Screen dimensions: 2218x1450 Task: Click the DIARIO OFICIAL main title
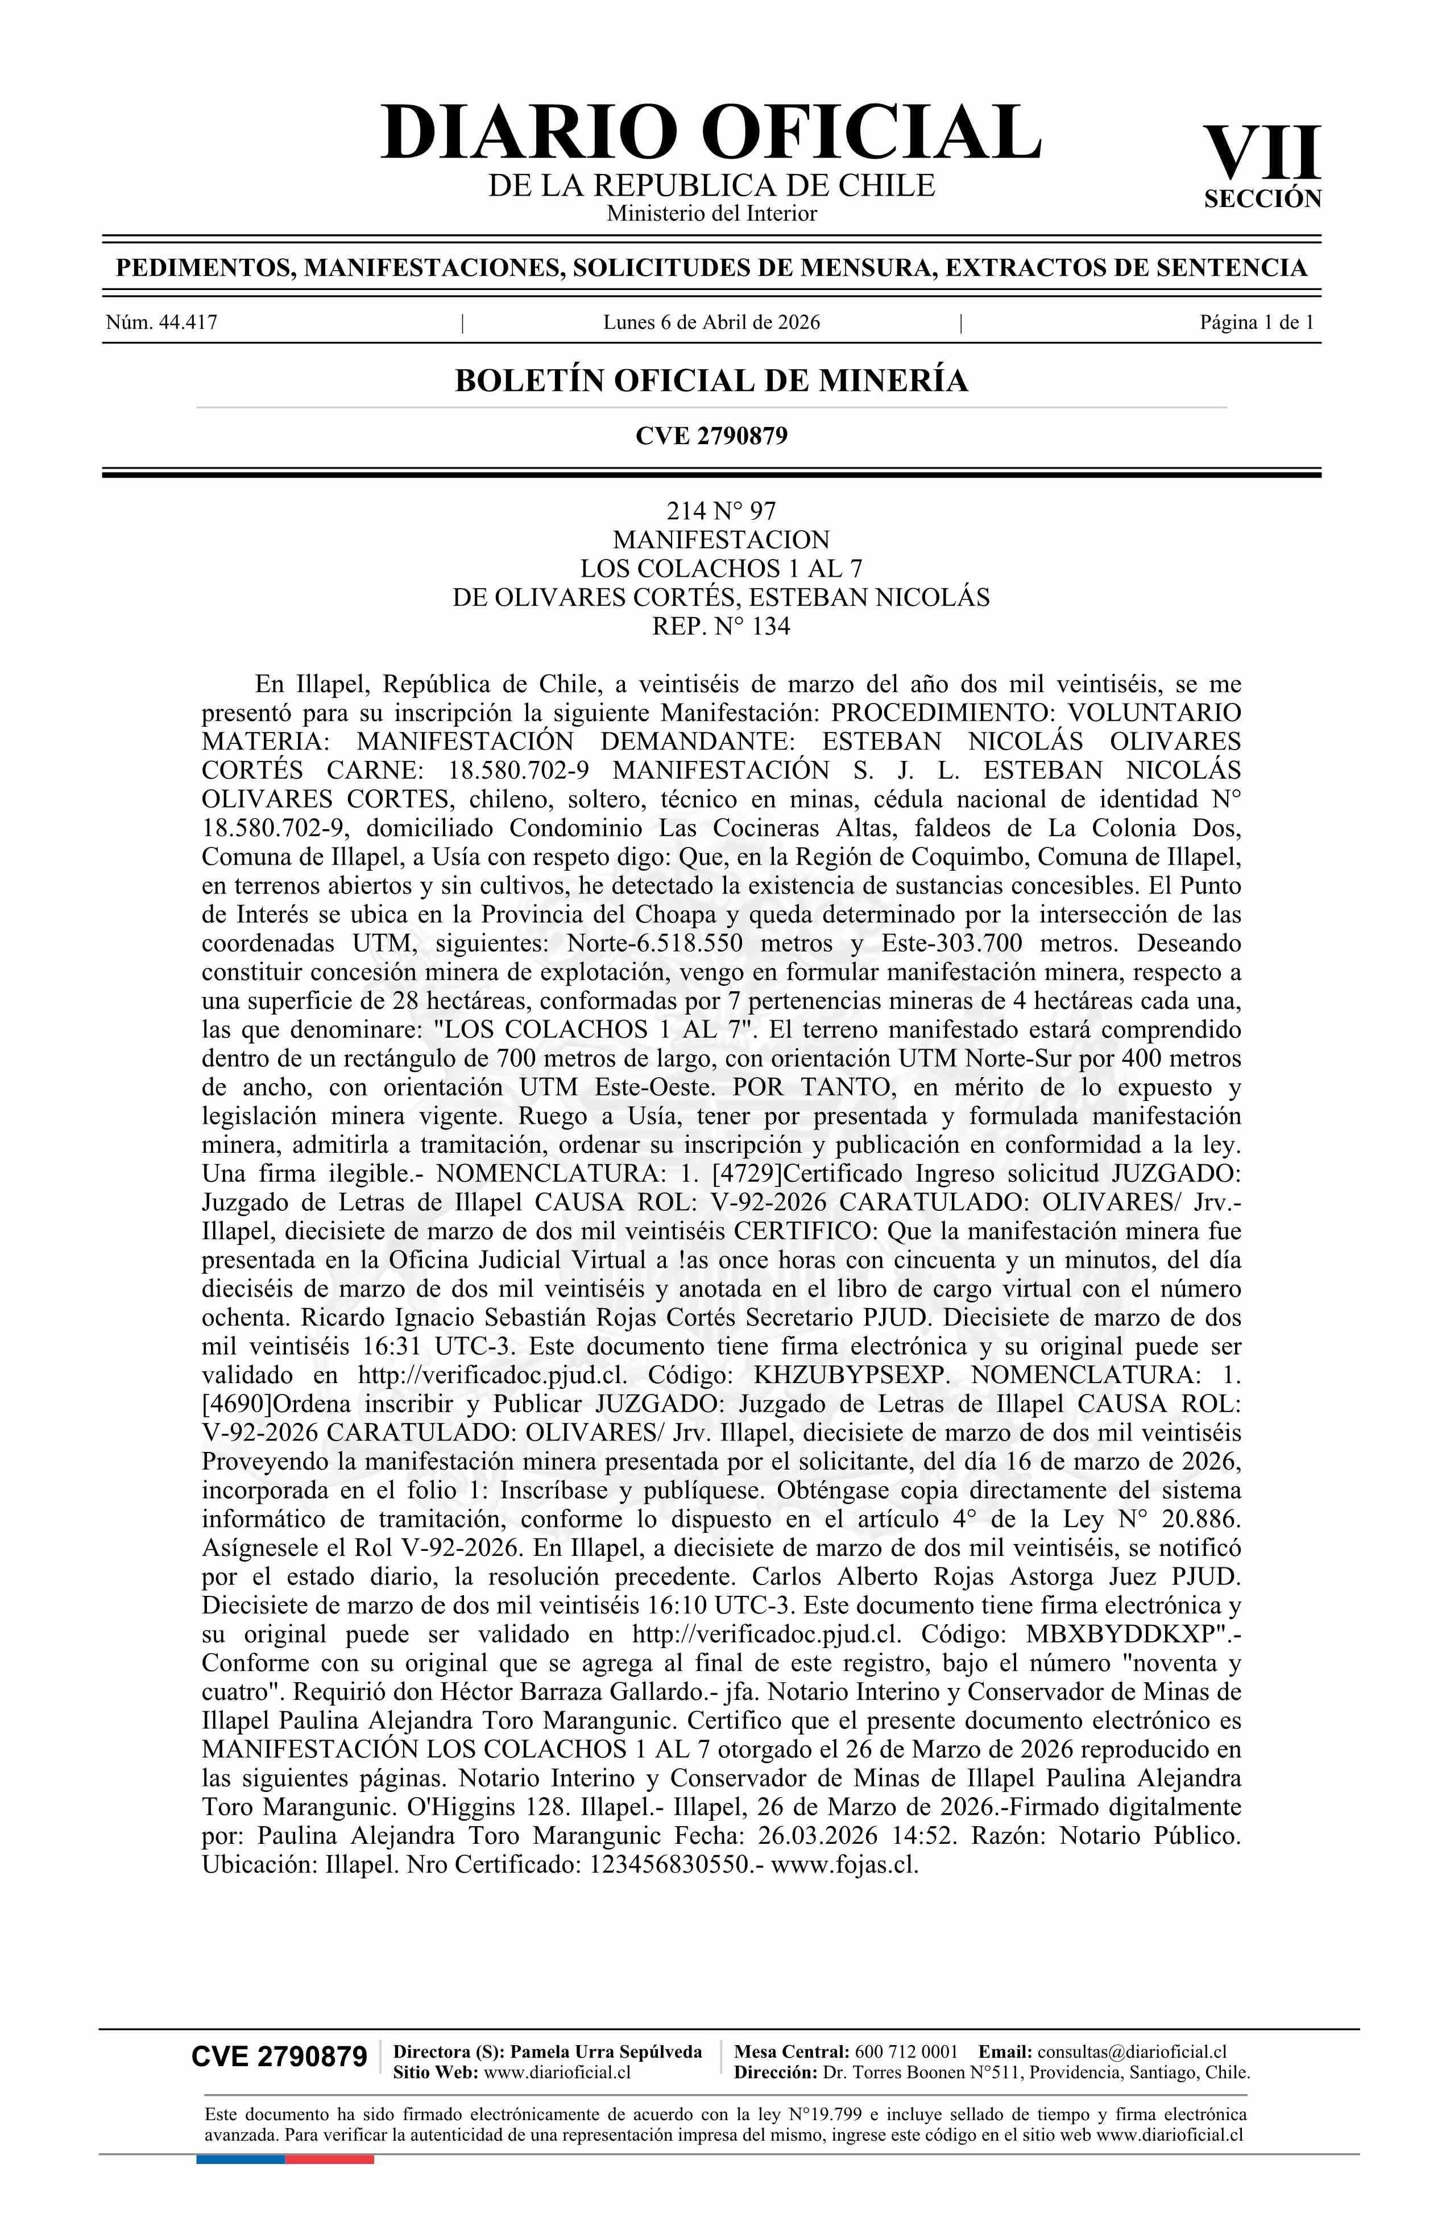[711, 133]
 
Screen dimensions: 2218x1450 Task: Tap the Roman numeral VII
[1263, 154]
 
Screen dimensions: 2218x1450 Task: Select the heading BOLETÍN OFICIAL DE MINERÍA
[711, 380]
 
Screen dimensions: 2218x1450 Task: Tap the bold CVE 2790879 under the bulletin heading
[711, 435]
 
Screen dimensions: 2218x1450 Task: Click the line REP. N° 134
[720, 626]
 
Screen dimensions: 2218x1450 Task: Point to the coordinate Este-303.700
[946, 942]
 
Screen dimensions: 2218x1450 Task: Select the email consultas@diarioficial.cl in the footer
[1132, 2051]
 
